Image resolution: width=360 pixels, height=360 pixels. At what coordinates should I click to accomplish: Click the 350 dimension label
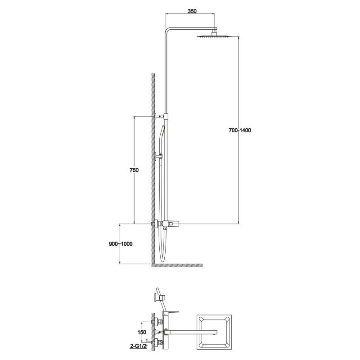pos(192,11)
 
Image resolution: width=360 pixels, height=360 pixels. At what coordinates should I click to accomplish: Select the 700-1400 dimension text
pos(240,130)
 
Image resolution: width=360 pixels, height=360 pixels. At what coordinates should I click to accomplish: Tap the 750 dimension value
pos(134,170)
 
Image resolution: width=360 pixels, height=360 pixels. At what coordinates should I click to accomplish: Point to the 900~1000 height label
pos(121,244)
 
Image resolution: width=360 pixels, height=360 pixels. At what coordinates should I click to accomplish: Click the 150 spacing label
pos(142,332)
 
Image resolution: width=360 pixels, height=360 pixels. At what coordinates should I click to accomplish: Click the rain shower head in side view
pos(215,36)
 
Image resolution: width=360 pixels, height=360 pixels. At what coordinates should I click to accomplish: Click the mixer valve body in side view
pos(170,223)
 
